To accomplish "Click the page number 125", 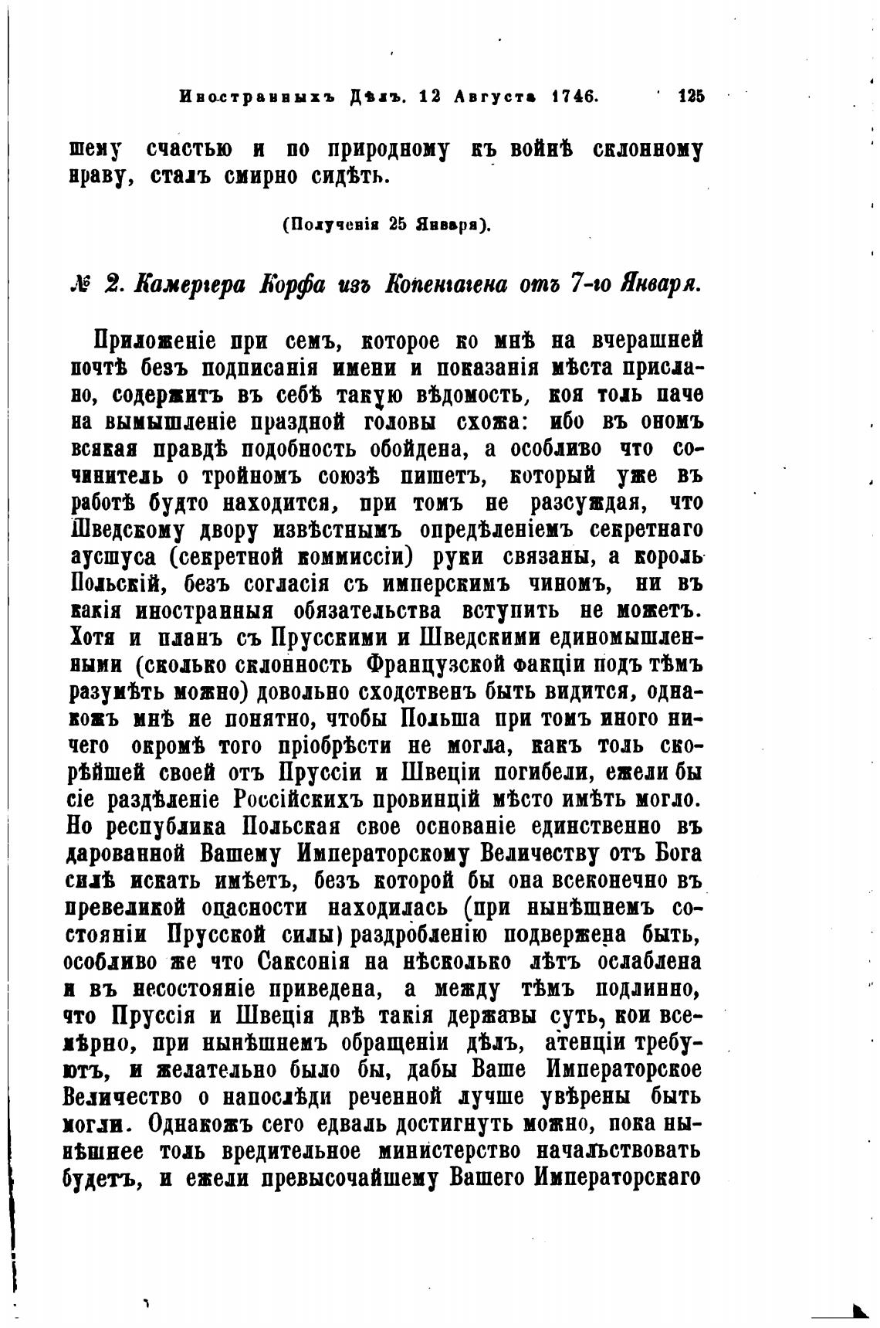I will click(x=691, y=97).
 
